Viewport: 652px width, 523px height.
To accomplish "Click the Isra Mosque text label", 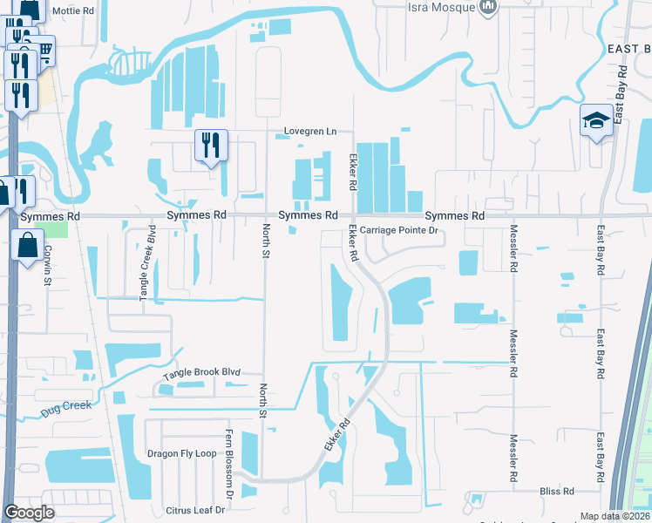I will [x=441, y=7].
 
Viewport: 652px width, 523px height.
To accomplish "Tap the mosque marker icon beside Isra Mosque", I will [x=488, y=7].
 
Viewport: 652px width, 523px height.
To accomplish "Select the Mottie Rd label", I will [x=71, y=11].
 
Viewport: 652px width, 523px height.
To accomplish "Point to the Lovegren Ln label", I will [x=309, y=132].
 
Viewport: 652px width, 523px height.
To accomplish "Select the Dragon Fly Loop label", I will [x=181, y=453].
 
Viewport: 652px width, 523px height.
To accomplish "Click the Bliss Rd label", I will [x=557, y=492].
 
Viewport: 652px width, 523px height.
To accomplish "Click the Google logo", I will [x=31, y=513].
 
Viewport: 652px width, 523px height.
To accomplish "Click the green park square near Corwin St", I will [x=55, y=229].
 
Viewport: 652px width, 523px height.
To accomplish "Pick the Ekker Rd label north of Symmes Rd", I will [x=353, y=173].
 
